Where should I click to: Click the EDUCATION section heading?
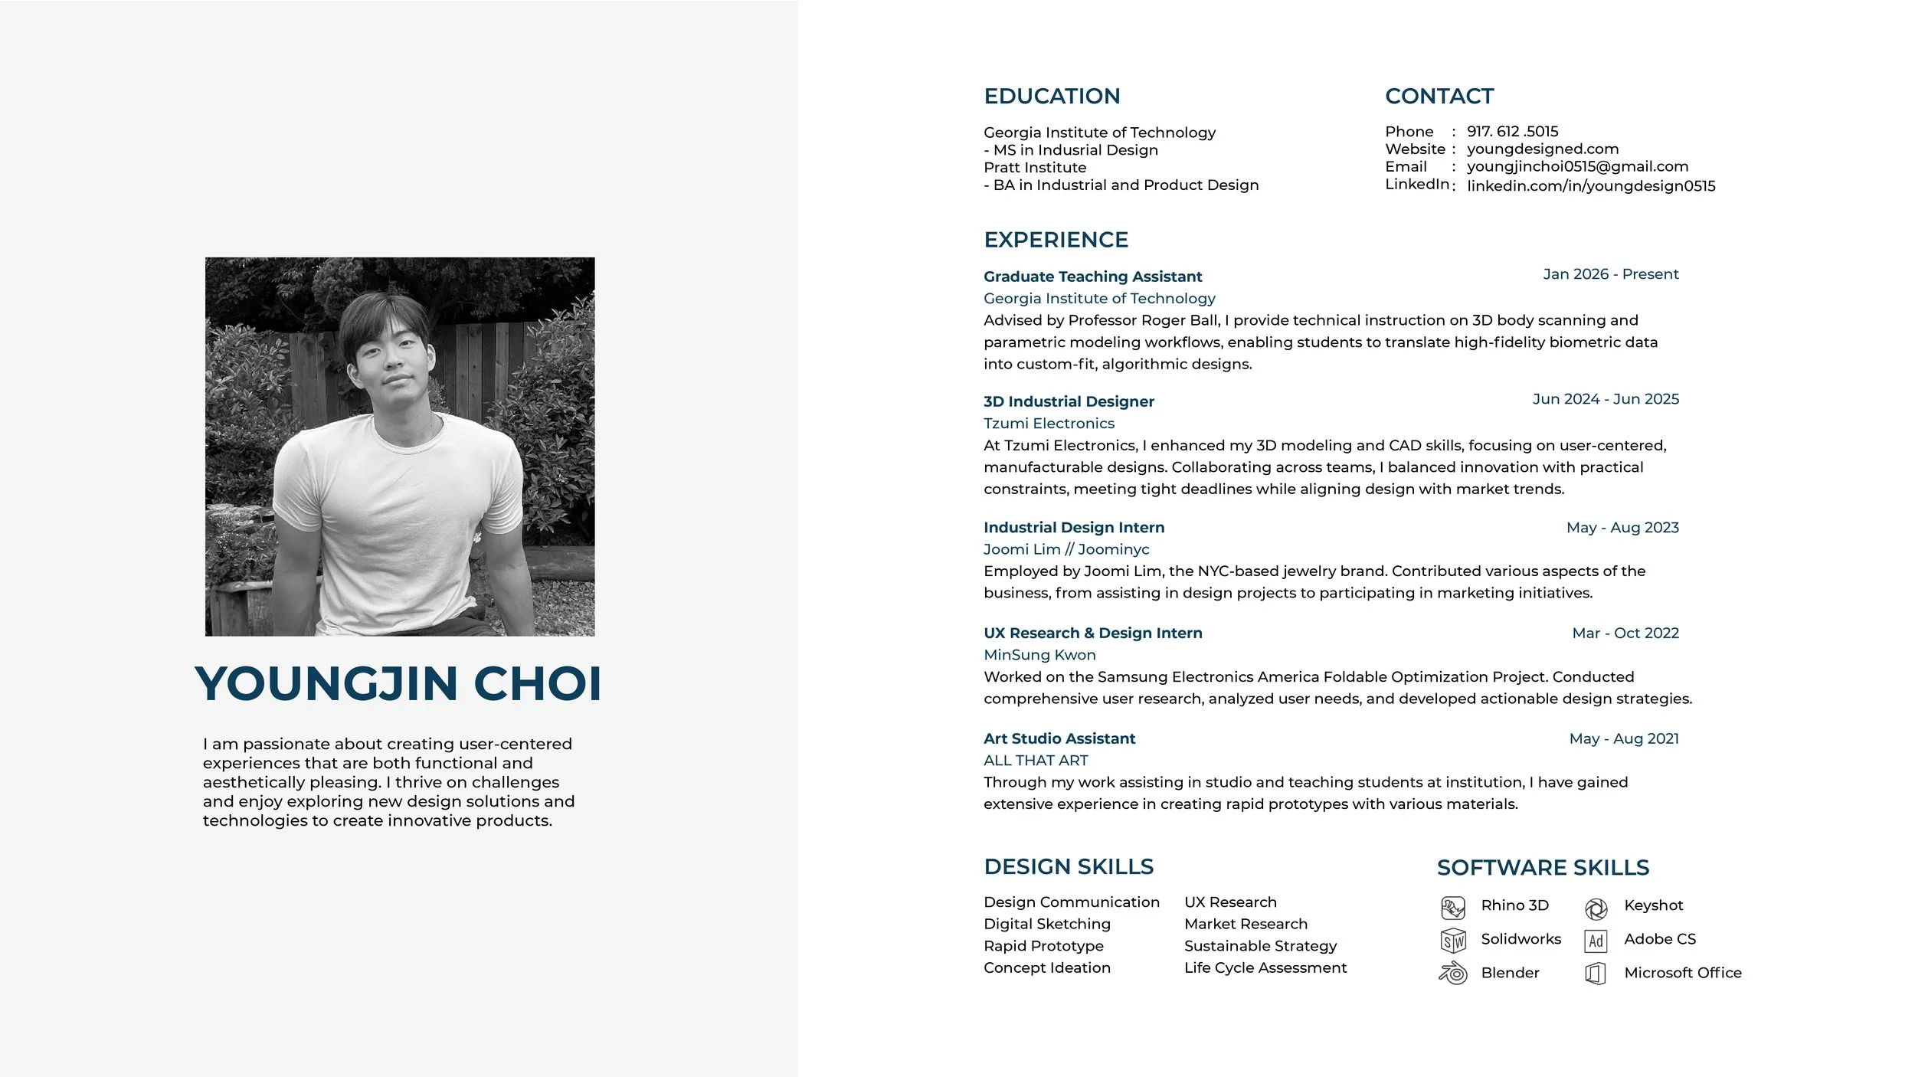tap(1052, 97)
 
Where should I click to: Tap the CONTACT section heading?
tap(1439, 97)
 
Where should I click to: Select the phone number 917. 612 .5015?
tap(1512, 132)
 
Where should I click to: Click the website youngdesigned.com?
tap(1543, 149)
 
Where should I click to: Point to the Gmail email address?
tap(1577, 167)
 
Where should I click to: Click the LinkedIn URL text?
tap(1591, 186)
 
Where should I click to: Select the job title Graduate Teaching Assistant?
tap(1092, 277)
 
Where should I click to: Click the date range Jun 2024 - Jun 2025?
tap(1606, 399)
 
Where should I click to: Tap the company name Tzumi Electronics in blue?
tap(1049, 424)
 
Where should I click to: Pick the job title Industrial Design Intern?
tap(1074, 528)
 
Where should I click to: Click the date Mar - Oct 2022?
tap(1625, 633)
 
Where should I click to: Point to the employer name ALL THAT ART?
tap(1036, 761)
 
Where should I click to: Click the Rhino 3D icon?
tap(1453, 908)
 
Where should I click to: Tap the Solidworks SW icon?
tap(1453, 941)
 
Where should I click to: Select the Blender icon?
tap(1453, 974)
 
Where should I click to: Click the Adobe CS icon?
tap(1596, 941)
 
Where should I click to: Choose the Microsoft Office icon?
tap(1596, 974)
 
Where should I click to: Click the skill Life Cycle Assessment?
tap(1265, 968)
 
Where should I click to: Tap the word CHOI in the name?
tap(538, 684)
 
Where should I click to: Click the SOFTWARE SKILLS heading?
tap(1543, 868)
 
